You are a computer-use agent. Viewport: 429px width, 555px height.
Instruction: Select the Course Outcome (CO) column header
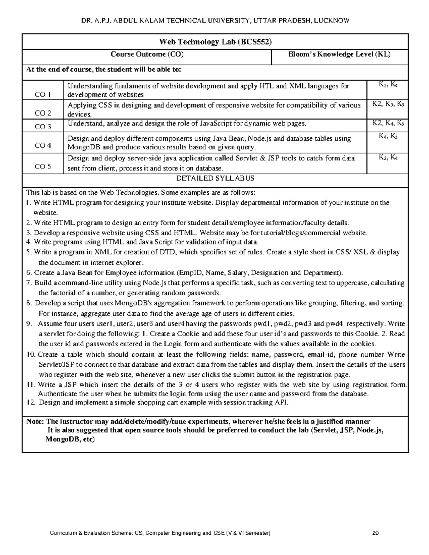147,54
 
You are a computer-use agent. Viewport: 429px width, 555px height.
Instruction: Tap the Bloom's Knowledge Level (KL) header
339,54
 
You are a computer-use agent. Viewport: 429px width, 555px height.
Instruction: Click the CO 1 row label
43,95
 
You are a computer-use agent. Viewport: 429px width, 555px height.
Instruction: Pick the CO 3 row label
43,127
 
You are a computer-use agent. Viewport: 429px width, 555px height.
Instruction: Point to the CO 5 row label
43,167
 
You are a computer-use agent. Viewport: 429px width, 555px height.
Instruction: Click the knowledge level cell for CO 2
388,104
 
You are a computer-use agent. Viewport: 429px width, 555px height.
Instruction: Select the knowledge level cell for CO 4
388,136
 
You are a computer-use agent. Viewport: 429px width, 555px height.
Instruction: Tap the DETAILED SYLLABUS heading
215,178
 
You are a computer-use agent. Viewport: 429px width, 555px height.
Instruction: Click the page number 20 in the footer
375,533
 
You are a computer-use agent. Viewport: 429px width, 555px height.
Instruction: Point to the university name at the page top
215,21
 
